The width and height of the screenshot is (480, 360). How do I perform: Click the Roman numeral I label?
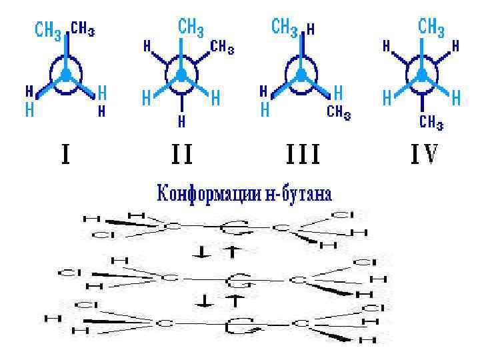tap(66, 155)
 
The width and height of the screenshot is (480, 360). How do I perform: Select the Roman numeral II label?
tap(181, 155)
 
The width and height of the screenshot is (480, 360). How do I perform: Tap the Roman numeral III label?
tap(303, 155)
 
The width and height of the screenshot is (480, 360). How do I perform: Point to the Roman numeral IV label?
tap(423, 155)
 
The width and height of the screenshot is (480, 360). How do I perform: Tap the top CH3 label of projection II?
tap(191, 28)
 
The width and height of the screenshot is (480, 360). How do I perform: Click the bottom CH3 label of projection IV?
tap(431, 121)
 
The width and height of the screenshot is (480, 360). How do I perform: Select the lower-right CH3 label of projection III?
tap(339, 113)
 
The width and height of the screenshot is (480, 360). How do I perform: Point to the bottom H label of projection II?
tap(181, 122)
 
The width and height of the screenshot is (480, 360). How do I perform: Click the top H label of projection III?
tap(311, 29)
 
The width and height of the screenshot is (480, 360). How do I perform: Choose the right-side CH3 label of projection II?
tap(222, 47)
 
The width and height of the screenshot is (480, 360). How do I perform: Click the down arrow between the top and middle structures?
tap(198, 251)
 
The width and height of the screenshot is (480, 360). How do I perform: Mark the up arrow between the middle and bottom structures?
tap(233, 301)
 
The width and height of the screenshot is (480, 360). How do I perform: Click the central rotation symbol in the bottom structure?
tap(237, 325)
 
